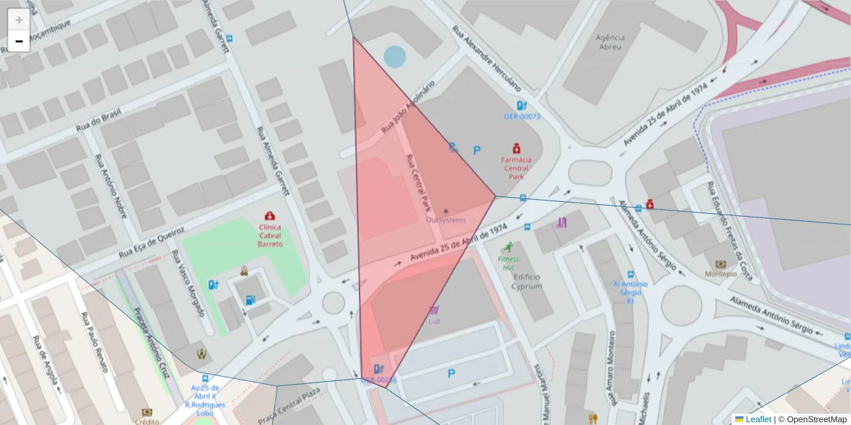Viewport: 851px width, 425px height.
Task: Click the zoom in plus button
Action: pyautogui.click(x=19, y=20)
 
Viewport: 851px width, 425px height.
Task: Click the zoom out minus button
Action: pyautogui.click(x=19, y=41)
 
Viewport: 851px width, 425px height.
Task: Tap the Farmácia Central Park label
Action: pyautogui.click(x=516, y=164)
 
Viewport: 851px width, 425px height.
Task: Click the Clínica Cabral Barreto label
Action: pyautogui.click(x=269, y=235)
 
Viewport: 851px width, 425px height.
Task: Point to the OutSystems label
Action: pyautogui.click(x=446, y=220)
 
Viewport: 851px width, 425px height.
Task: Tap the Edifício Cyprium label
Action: pyautogui.click(x=527, y=282)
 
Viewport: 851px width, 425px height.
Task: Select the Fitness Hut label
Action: pyautogui.click(x=508, y=263)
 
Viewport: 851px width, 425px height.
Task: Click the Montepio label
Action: pyautogui.click(x=721, y=273)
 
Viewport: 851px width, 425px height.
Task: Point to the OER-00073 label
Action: pyautogui.click(x=522, y=116)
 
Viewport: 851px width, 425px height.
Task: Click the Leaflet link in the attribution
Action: pyautogui.click(x=758, y=419)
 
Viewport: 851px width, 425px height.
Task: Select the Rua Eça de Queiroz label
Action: pyautogui.click(x=151, y=242)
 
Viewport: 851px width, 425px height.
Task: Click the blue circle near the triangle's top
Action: pyautogui.click(x=394, y=57)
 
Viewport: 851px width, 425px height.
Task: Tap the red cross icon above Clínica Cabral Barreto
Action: pyautogui.click(x=269, y=215)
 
